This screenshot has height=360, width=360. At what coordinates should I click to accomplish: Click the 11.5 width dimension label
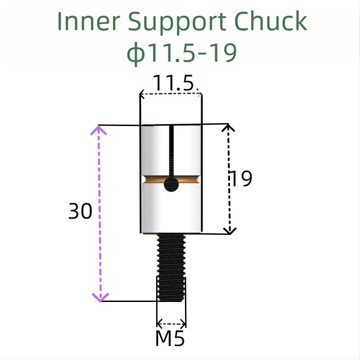pos(173,83)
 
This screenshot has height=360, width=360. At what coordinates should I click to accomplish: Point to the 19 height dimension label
pos(241,179)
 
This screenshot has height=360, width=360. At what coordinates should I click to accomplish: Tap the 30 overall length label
pos(80,211)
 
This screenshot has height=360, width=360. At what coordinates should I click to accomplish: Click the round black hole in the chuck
pos(171,184)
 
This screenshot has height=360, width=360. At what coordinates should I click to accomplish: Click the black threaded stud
pos(171,268)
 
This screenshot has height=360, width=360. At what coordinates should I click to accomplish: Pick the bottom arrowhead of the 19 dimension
pos(230,231)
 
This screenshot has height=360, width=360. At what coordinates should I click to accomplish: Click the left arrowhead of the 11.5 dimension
pos(142,94)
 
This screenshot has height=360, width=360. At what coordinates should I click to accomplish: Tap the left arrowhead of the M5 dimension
pos(159,323)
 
